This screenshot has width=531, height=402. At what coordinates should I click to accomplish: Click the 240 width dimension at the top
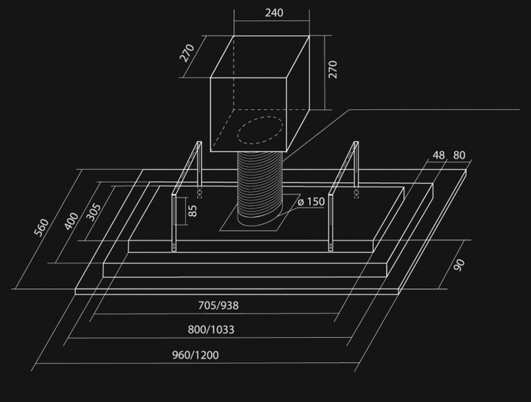pos(274,13)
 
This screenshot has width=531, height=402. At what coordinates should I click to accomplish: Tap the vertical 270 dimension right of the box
pos(333,69)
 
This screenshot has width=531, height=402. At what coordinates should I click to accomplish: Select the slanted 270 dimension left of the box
pos(187,53)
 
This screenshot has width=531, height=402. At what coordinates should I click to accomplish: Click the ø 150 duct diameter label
pos(311,202)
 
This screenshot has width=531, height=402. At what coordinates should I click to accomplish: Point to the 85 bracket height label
pos(192,211)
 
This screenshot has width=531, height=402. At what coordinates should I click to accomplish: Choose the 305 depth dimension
pos(94,212)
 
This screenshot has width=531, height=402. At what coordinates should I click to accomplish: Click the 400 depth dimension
pos(71,221)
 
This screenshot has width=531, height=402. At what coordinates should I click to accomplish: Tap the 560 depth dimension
pos(41,228)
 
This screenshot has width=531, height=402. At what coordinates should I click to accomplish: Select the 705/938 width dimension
pos(218,305)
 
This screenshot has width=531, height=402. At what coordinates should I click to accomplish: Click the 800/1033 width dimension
pos(211,330)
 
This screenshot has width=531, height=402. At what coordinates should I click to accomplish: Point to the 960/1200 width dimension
pos(195,355)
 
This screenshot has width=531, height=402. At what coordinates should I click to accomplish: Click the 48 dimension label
pos(439,155)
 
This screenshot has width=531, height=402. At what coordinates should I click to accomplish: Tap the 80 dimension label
pos(459,155)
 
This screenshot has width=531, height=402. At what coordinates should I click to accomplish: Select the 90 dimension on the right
pos(459,265)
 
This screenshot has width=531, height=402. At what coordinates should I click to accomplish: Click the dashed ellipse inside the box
pos(260,130)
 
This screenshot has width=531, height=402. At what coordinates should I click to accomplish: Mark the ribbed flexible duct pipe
pos(260,189)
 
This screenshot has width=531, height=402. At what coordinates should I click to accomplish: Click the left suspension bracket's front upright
pos(174,223)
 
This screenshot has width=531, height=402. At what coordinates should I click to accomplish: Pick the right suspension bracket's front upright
pos(330,223)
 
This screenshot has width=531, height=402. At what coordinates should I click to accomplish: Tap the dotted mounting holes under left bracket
pos(199,193)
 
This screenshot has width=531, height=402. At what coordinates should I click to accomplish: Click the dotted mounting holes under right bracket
pos(356,193)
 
